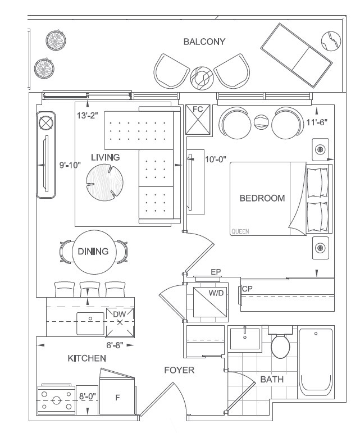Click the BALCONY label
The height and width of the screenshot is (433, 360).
click(x=204, y=42)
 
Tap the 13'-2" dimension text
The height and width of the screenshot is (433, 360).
click(x=87, y=116)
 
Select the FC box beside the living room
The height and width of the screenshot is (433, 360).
click(x=198, y=118)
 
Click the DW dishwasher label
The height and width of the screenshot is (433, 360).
click(x=119, y=315)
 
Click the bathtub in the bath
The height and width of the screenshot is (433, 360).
click(x=316, y=362)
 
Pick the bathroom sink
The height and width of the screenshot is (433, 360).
click(x=245, y=339)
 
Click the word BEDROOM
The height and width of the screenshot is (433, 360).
click(x=262, y=198)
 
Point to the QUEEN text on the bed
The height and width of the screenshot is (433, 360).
click(x=240, y=231)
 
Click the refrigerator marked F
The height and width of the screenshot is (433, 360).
click(x=117, y=398)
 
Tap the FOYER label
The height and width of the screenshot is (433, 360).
click(x=179, y=370)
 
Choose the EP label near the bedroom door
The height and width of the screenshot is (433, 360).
click(x=216, y=272)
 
